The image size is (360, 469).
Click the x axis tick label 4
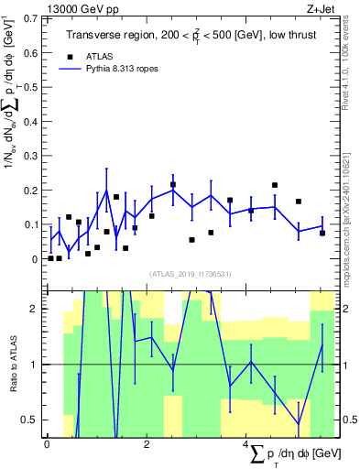point(245,443)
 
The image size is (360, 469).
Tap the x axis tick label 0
point(47,443)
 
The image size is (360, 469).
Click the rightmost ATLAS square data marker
point(322,233)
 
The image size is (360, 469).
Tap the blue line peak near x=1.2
point(107,191)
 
